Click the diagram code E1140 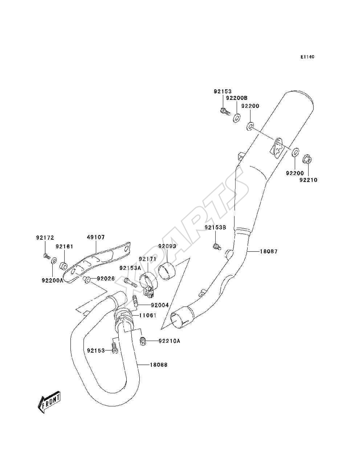tap(307, 57)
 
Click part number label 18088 tap(159, 365)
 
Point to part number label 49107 tap(96, 237)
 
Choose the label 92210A tap(170, 341)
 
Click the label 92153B tap(216, 227)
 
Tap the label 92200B tap(237, 98)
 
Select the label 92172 tap(45, 238)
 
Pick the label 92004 tap(160, 305)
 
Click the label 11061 tap(147, 316)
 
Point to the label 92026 tap(106, 279)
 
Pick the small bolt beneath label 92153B tap(217, 247)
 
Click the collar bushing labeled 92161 tap(63, 265)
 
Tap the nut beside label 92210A tap(143, 341)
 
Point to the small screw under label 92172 tap(46, 256)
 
